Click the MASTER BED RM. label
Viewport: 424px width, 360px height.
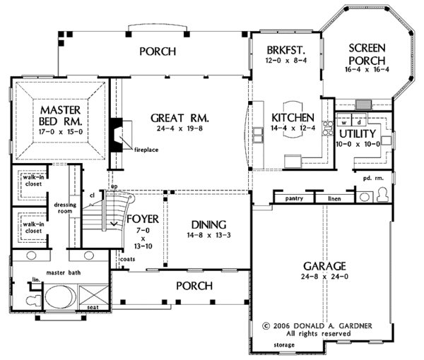tap(60, 116)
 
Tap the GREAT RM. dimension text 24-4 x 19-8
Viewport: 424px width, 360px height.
tap(179, 128)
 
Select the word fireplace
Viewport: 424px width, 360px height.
tap(146, 150)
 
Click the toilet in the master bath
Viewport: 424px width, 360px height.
tap(34, 300)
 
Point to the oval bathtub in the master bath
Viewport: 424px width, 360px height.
tap(60, 297)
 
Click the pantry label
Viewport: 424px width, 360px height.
tap(294, 198)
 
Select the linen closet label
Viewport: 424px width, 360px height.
tap(334, 199)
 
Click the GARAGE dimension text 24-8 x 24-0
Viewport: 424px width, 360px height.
tap(324, 277)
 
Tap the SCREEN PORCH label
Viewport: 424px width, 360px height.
tap(367, 54)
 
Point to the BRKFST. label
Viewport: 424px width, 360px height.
tap(286, 50)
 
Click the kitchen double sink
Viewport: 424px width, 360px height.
tap(258, 136)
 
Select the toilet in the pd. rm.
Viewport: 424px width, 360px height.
tap(382, 195)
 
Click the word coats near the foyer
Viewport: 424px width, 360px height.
tap(128, 259)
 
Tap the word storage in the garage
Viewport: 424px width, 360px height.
tap(284, 345)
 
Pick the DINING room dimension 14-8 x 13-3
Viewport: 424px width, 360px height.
tap(208, 235)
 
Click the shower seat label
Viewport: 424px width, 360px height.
tap(93, 307)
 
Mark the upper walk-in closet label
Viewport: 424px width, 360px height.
tap(33, 181)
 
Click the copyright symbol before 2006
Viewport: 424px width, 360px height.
tap(266, 326)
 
